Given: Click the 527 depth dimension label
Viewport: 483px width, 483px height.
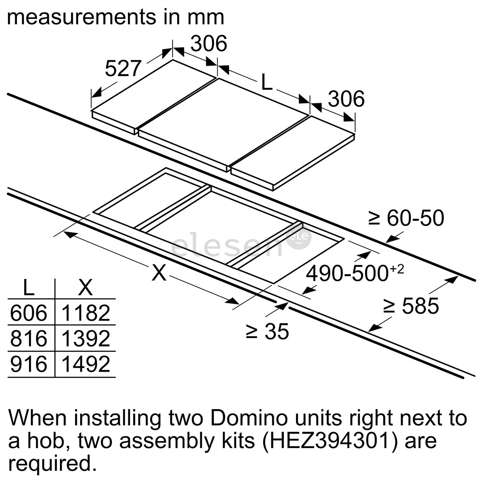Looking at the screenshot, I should (123, 69).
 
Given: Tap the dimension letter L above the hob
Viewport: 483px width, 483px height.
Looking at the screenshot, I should (267, 82).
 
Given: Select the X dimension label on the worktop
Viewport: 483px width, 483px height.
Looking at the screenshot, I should (159, 272).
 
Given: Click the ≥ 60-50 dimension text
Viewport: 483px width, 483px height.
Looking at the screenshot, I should (406, 218).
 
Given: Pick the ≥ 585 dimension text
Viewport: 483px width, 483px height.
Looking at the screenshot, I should (411, 306).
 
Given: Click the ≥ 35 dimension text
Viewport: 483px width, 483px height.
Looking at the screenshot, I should (267, 331).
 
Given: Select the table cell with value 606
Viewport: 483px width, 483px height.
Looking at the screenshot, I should (29, 313).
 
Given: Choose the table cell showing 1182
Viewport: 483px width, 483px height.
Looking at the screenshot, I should (85, 313).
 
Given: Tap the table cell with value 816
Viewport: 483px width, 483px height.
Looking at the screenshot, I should (29, 339).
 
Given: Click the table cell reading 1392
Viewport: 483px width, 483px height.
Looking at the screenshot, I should (85, 339).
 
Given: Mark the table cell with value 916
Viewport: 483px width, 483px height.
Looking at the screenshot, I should (29, 364).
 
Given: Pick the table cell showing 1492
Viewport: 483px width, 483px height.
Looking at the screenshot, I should (85, 364).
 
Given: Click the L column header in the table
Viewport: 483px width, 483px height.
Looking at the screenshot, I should (29, 288).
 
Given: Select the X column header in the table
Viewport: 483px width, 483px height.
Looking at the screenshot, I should (85, 288).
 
